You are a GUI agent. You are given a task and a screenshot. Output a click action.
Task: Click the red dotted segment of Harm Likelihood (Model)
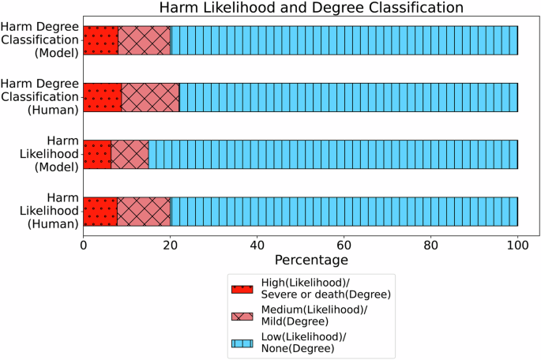[96, 154]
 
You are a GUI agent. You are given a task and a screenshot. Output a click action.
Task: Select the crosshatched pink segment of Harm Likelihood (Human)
[144, 211]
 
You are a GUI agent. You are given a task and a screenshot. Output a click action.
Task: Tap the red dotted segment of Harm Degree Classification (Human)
[102, 97]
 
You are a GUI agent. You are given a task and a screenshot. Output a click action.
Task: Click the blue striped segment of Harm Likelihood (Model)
[332, 154]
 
